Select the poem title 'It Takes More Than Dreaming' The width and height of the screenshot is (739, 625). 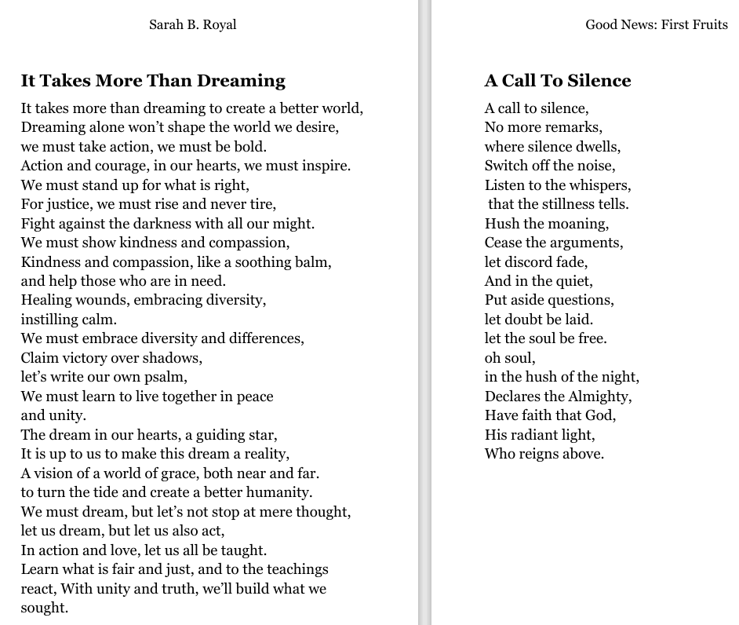click(x=153, y=80)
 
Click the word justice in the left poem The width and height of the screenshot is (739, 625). click(x=67, y=204)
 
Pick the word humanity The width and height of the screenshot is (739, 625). click(x=278, y=492)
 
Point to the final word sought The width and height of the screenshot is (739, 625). click(x=45, y=608)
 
